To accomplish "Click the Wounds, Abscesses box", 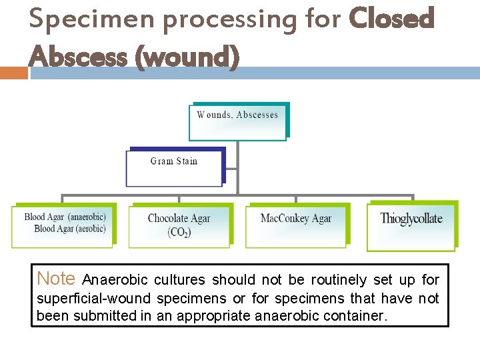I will click(238, 121).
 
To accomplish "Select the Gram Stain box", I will click(175, 167).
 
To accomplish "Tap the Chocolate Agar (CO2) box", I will click(179, 225).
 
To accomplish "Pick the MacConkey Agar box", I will click(296, 225).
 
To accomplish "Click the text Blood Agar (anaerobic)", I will click(65, 217).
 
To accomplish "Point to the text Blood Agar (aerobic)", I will click(70, 229).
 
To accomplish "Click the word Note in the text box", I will click(56, 279).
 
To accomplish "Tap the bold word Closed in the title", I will click(392, 19).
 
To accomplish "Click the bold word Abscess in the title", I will click(78, 57).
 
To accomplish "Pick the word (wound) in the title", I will click(187, 58).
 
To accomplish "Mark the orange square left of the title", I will click(13, 73).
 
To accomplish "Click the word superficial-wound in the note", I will click(94, 298).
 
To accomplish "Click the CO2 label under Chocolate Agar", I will click(179, 233).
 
